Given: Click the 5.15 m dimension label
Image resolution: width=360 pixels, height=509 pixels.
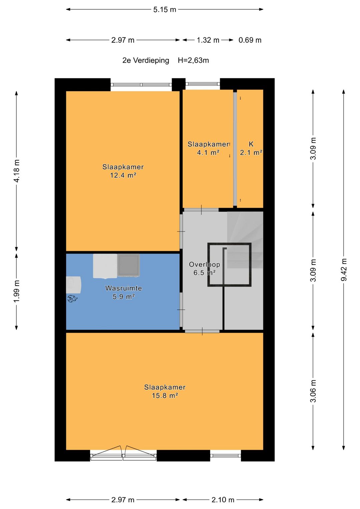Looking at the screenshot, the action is pyautogui.click(x=165, y=10).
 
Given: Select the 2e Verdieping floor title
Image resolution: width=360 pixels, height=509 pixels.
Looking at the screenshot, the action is pyautogui.click(x=146, y=60).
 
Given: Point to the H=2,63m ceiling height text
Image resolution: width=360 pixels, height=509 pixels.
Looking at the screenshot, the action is pyautogui.click(x=193, y=60).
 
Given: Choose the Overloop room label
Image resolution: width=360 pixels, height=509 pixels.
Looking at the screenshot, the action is pyautogui.click(x=204, y=264).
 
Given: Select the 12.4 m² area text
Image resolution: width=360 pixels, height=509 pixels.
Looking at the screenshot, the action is pyautogui.click(x=123, y=175).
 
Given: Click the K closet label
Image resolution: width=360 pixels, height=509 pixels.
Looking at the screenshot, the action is pyautogui.click(x=251, y=144).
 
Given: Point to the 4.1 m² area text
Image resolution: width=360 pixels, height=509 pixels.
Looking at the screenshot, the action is pyautogui.click(x=208, y=152).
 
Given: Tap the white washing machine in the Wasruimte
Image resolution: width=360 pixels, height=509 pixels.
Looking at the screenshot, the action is pyautogui.click(x=105, y=266).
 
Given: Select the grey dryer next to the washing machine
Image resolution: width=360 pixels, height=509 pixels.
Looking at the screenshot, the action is pyautogui.click(x=128, y=265).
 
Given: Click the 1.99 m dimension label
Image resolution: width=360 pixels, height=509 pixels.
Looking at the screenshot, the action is pyautogui.click(x=16, y=291).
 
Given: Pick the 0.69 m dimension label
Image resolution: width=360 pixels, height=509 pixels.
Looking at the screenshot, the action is pyautogui.click(x=250, y=40).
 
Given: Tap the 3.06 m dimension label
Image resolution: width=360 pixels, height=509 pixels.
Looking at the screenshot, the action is pyautogui.click(x=313, y=391).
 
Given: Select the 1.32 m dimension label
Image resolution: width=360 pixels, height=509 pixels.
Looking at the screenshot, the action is pyautogui.click(x=208, y=40).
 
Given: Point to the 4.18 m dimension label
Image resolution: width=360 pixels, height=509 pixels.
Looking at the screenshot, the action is pyautogui.click(x=16, y=171).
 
